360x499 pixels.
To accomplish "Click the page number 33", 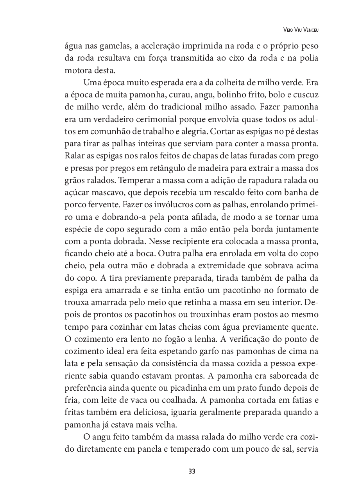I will [x=192, y=471].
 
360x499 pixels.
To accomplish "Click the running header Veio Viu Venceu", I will [x=300, y=29].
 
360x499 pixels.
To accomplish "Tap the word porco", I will [x=75, y=205].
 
